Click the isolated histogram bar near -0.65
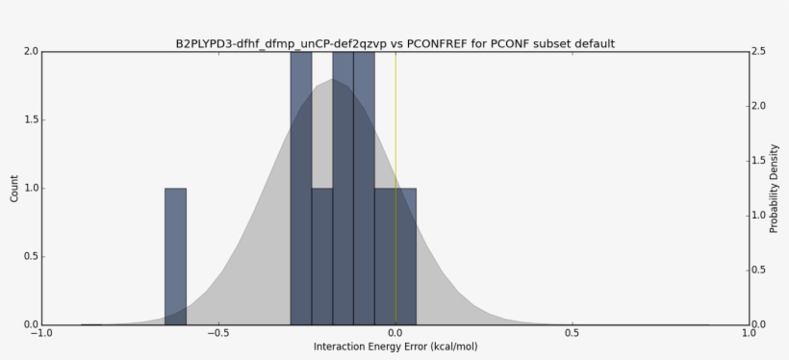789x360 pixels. pyautogui.click(x=175, y=256)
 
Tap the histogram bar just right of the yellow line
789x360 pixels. pyautogui.click(x=406, y=256)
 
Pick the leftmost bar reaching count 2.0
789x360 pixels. pyautogui.click(x=301, y=188)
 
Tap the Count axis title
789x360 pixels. pyautogui.click(x=13, y=188)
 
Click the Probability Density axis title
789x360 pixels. pyautogui.click(x=774, y=188)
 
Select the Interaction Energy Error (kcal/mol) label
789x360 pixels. pyautogui.click(x=395, y=347)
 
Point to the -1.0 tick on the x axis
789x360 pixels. pyautogui.click(x=40, y=334)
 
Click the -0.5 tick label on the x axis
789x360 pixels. pyautogui.click(x=217, y=334)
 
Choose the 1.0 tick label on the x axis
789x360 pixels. pyautogui.click(x=750, y=334)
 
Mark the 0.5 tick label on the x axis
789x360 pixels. pyautogui.click(x=573, y=334)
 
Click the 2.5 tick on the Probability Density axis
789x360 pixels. pyautogui.click(x=760, y=51)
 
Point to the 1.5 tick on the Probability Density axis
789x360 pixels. pyautogui.click(x=760, y=161)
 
